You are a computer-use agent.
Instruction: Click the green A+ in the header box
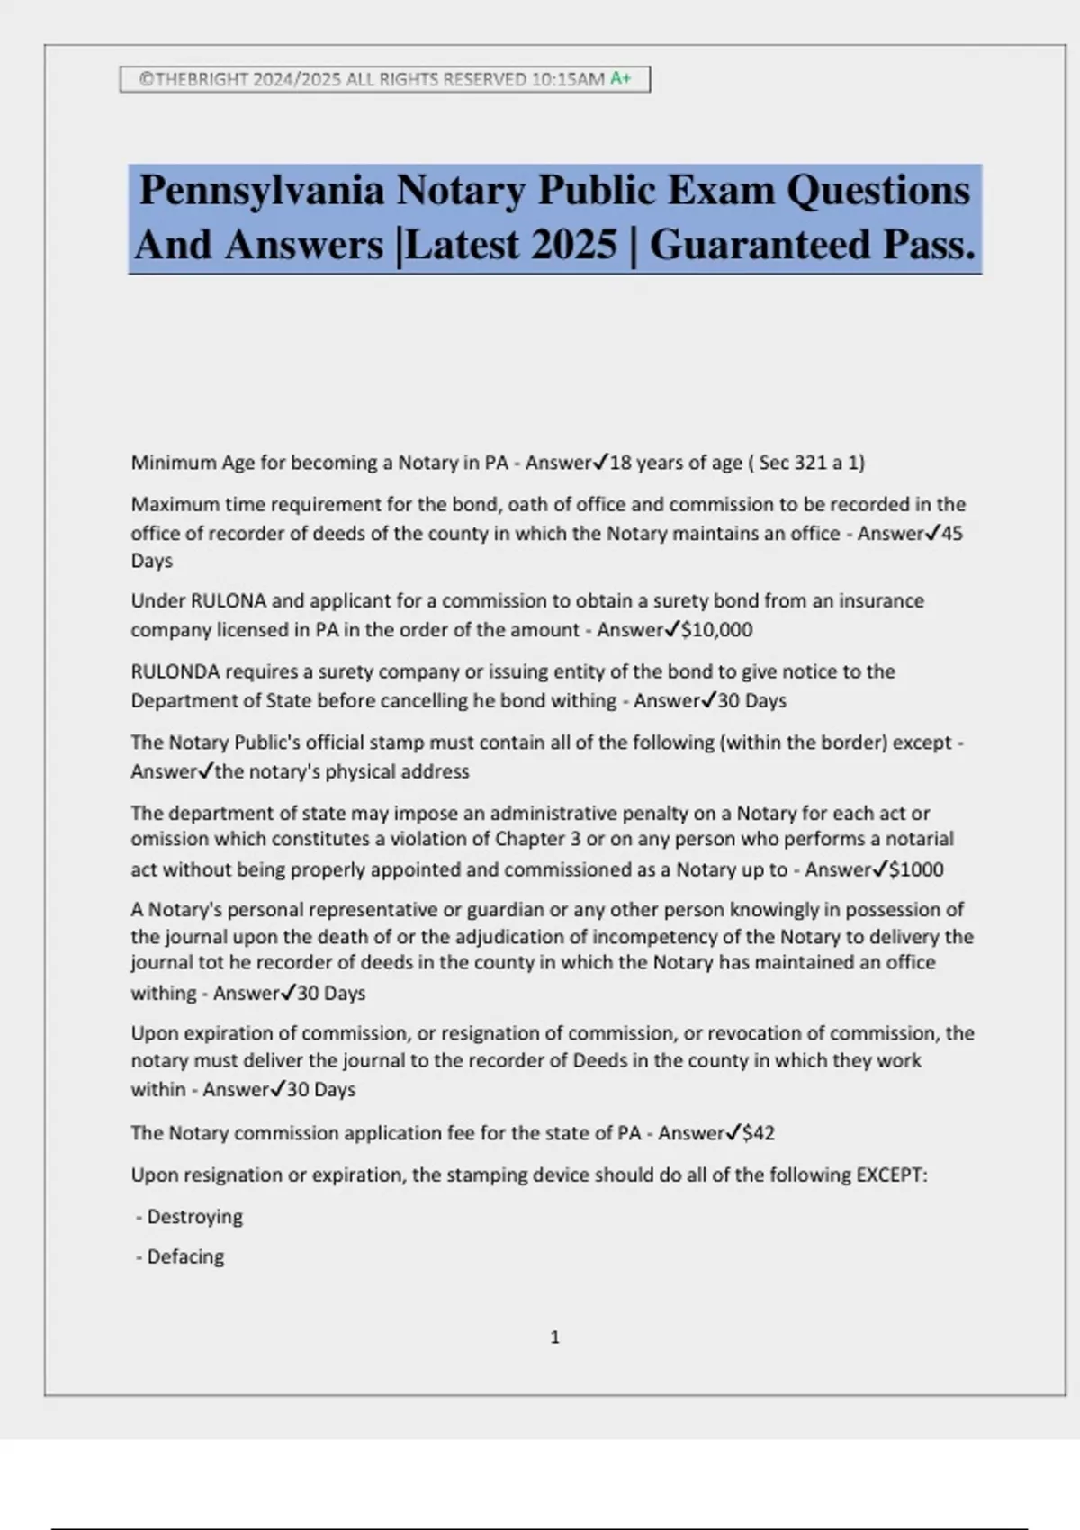pos(620,78)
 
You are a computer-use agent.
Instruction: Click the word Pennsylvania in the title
pos(262,190)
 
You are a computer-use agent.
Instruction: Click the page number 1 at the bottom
pos(554,1337)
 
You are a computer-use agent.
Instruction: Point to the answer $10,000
pos(716,630)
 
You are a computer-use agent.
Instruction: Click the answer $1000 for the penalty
pos(916,869)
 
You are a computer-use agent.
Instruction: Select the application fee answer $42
pos(759,1133)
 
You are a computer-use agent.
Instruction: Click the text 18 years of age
pos(676,463)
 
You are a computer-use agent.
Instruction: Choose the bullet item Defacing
pos(185,1256)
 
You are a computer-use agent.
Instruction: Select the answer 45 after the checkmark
pos(951,534)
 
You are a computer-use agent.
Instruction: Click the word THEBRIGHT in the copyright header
pos(202,79)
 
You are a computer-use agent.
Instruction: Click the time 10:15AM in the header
pos(568,79)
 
